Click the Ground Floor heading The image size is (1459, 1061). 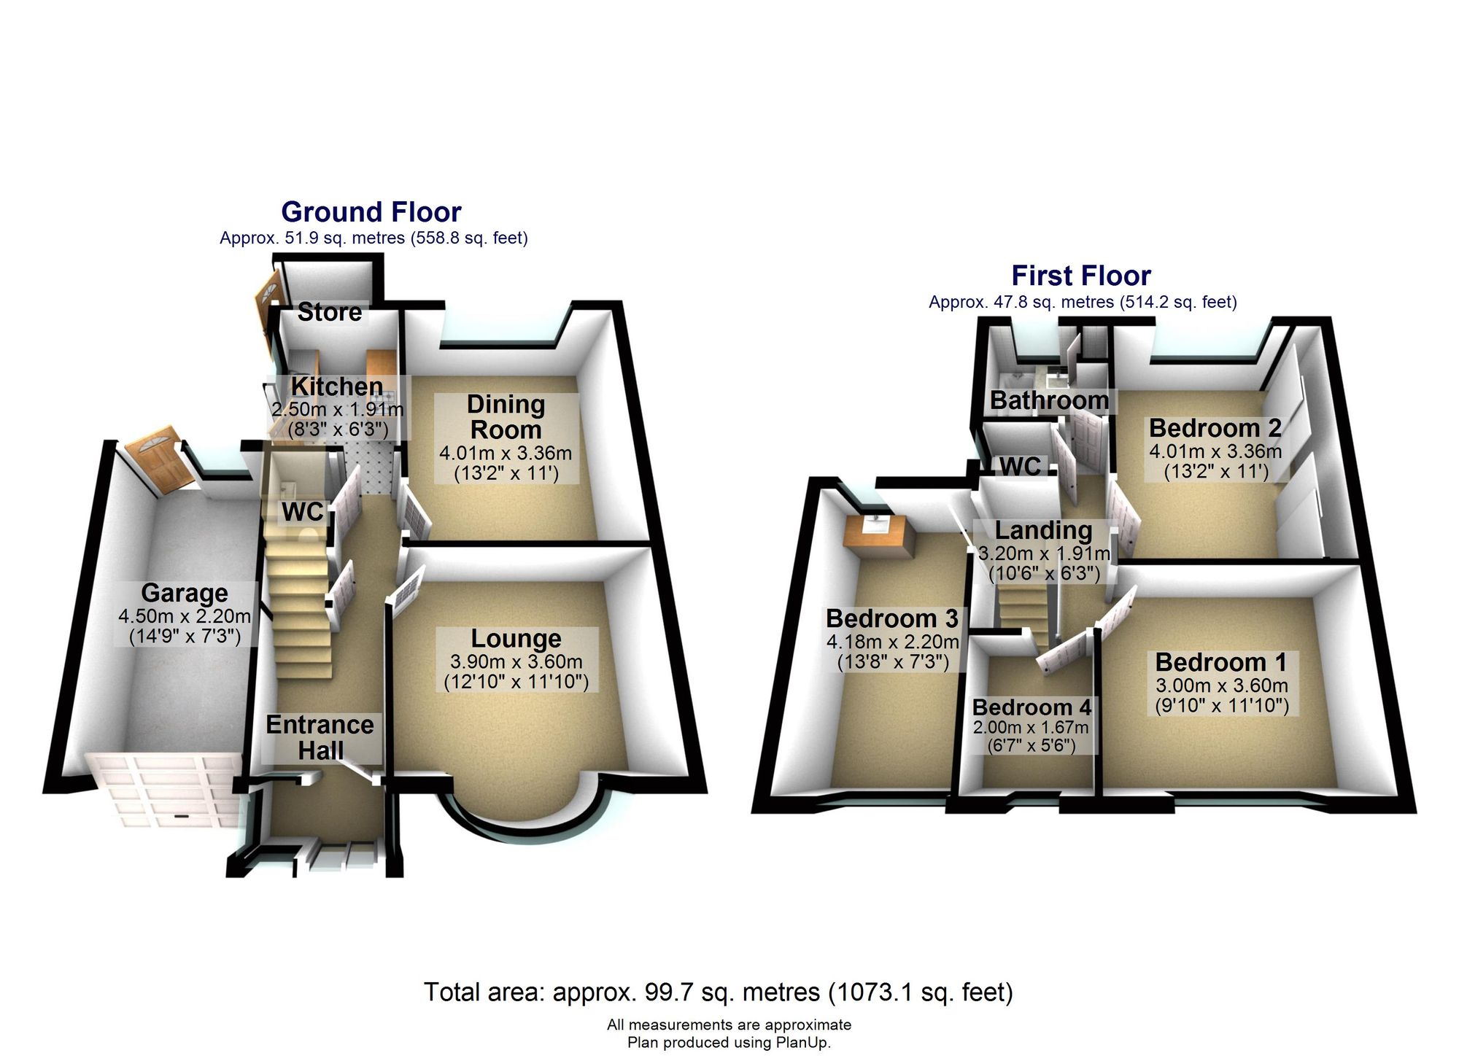click(x=371, y=212)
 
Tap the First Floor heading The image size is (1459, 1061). click(x=1081, y=276)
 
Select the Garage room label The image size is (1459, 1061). click(x=185, y=593)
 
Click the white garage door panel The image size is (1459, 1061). click(x=164, y=792)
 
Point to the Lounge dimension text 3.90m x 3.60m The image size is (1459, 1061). click(x=516, y=662)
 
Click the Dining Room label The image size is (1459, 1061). click(x=506, y=417)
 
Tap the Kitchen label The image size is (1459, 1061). click(x=337, y=386)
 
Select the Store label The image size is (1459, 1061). click(x=330, y=312)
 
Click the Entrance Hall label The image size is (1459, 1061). click(x=320, y=737)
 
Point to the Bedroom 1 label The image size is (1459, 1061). click(x=1221, y=662)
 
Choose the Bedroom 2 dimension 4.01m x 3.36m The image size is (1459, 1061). click(x=1215, y=451)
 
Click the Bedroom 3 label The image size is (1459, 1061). click(x=892, y=618)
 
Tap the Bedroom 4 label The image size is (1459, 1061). click(x=1032, y=707)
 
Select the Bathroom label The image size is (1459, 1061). click(x=1049, y=400)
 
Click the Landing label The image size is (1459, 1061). click(x=1044, y=530)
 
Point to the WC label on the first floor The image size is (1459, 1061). click(x=1020, y=466)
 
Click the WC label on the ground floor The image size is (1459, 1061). click(x=303, y=512)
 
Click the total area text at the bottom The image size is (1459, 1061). click(x=719, y=992)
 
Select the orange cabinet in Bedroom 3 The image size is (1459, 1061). click(x=878, y=535)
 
